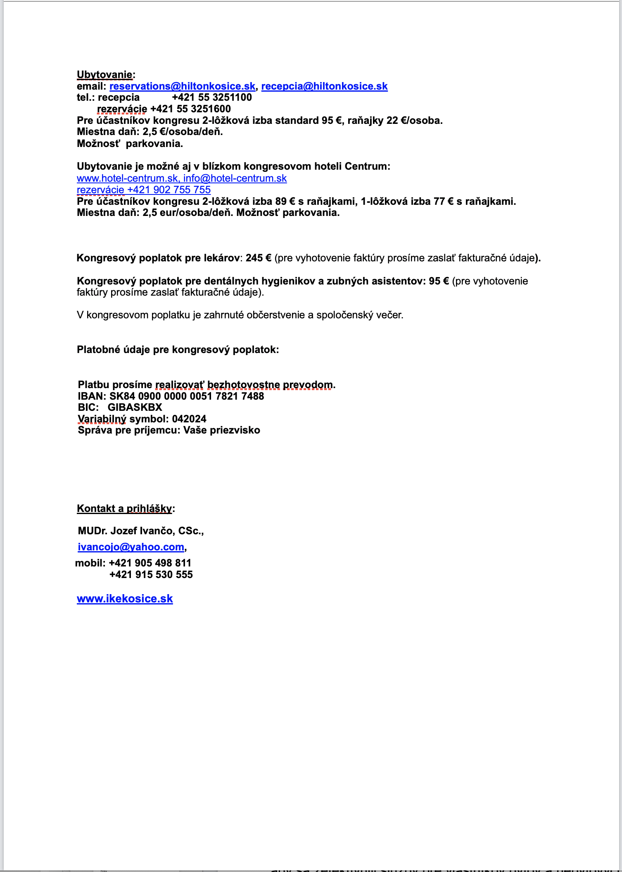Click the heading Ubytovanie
[x=105, y=75]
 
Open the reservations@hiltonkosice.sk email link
[x=182, y=86]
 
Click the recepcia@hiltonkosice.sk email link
[x=324, y=86]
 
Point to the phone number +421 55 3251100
[x=211, y=97]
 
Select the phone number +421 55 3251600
[x=190, y=109]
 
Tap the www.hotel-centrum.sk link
[x=127, y=178]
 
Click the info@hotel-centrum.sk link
[x=235, y=178]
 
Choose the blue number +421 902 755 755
[x=169, y=190]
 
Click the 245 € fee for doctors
[x=258, y=258]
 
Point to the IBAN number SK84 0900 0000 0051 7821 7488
[x=186, y=396]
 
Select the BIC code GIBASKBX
[x=135, y=408]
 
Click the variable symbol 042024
[x=189, y=419]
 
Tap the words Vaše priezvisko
[x=222, y=430]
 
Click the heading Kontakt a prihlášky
[x=124, y=509]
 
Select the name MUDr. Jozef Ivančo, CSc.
[x=140, y=531]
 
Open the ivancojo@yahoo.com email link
[x=131, y=547]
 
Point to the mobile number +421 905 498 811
[x=150, y=563]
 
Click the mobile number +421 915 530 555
[x=151, y=575]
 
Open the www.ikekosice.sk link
[x=125, y=599]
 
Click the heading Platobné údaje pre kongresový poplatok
[x=178, y=350]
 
